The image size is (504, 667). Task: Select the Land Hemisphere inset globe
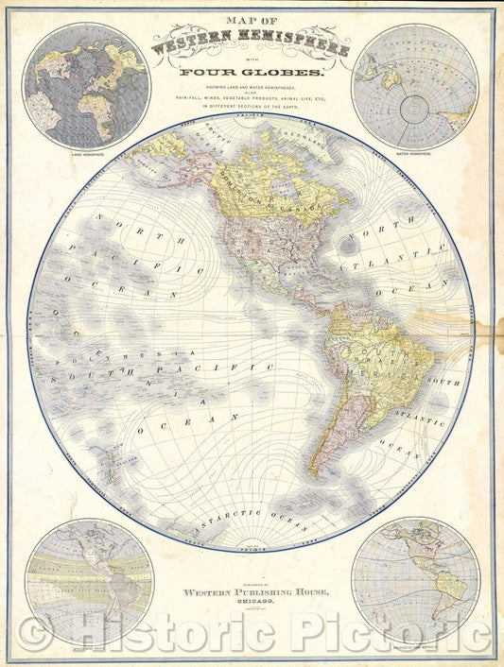tap(88, 87)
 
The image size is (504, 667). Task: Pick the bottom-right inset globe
tap(415, 580)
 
